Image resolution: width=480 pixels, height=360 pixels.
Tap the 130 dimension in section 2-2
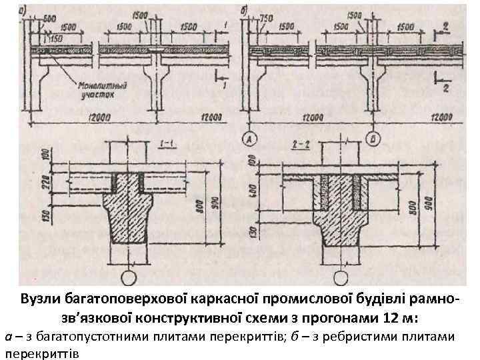[253, 233]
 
